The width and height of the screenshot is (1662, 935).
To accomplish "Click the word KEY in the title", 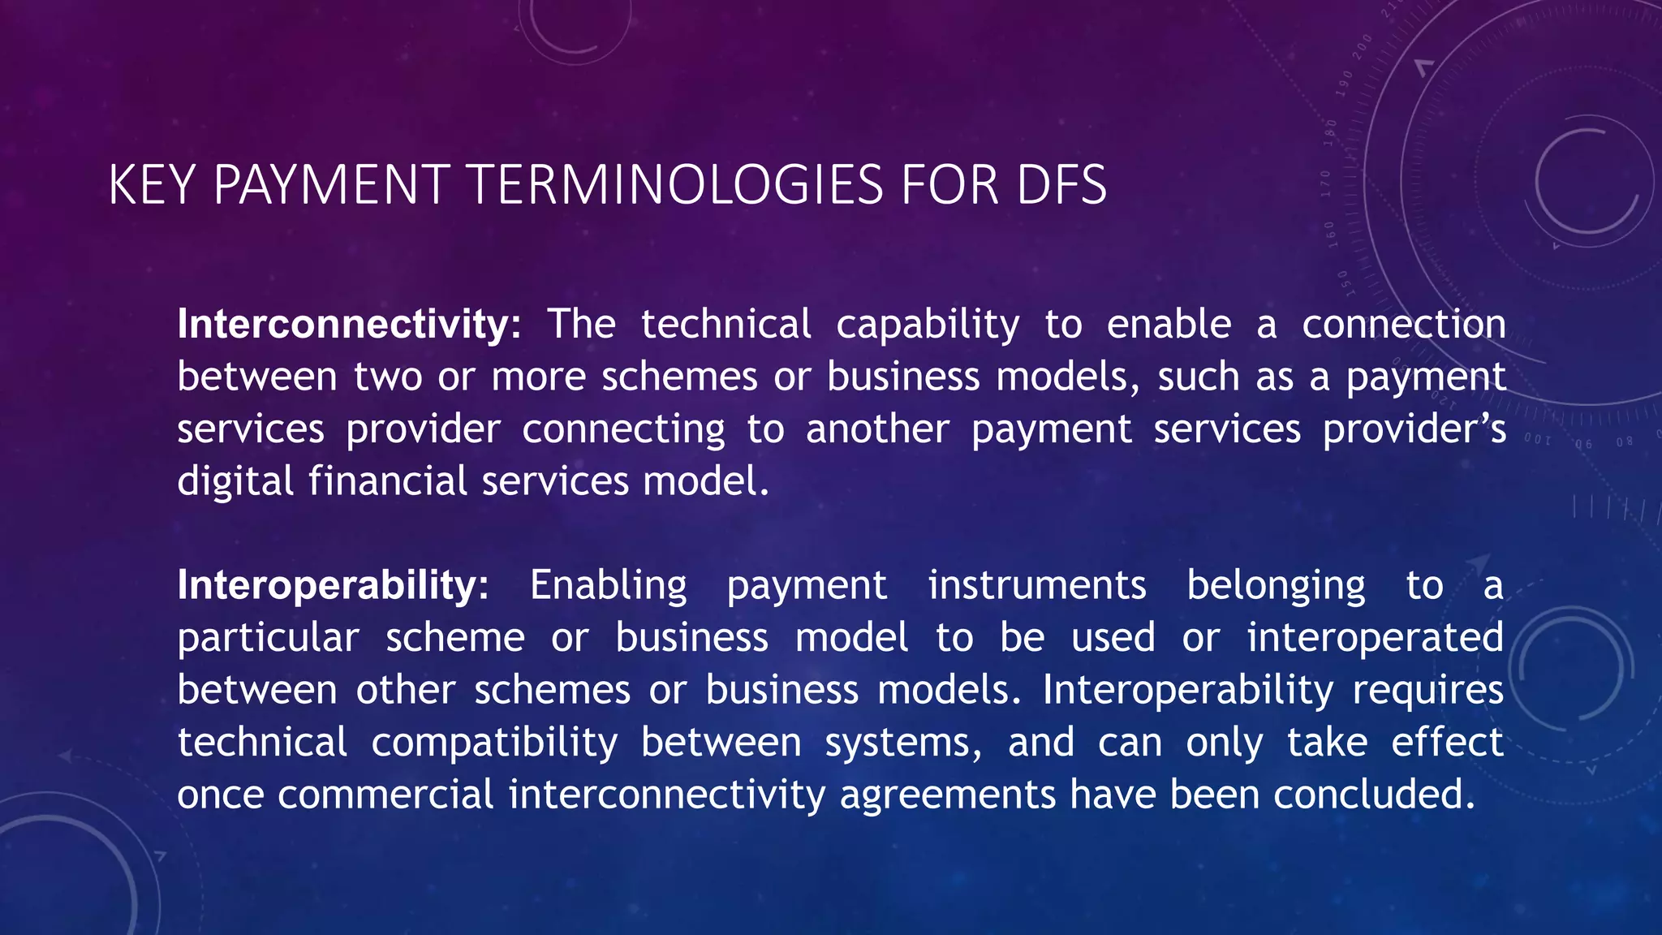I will pyautogui.click(x=151, y=185).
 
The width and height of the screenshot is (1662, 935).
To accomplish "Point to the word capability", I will pyautogui.click(x=928, y=325).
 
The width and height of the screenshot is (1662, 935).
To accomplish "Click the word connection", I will pyautogui.click(x=1404, y=324).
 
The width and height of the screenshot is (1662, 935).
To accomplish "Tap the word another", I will pyautogui.click(x=877, y=429).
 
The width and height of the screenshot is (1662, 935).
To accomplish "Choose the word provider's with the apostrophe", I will pyautogui.click(x=1414, y=430).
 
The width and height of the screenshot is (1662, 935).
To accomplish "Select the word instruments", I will pyautogui.click(x=1037, y=585).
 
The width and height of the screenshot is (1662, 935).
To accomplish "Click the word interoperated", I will pyautogui.click(x=1375, y=638).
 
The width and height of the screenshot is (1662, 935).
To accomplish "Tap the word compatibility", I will pyautogui.click(x=494, y=743).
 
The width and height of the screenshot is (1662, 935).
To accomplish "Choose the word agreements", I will pyautogui.click(x=947, y=795).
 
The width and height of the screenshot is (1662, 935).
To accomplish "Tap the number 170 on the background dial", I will pyautogui.click(x=1325, y=183).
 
